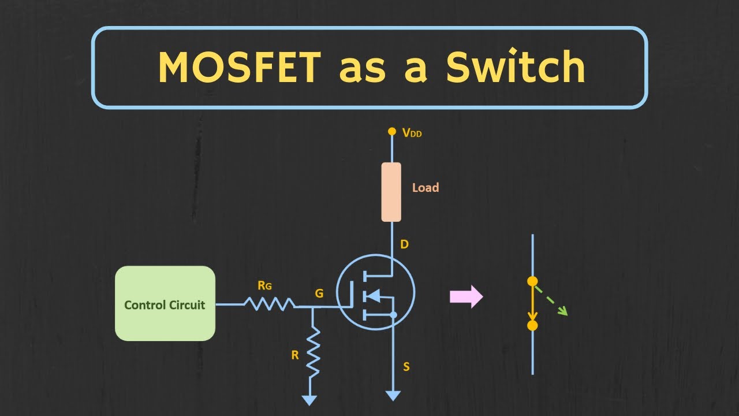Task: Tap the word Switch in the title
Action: click(515, 68)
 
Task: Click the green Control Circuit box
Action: click(165, 303)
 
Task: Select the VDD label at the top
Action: click(412, 132)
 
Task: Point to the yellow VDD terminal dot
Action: click(391, 131)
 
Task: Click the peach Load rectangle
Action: click(391, 192)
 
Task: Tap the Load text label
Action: click(426, 188)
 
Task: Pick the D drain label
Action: click(404, 244)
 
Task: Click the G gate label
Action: click(319, 294)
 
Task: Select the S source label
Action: click(406, 367)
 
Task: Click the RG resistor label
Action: click(265, 285)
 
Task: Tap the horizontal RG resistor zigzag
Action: click(269, 303)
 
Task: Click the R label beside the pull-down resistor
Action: click(295, 355)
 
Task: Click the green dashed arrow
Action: click(551, 300)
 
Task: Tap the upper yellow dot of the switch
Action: click(532, 281)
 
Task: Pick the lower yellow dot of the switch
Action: click(532, 325)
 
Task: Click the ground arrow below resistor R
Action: click(310, 399)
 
